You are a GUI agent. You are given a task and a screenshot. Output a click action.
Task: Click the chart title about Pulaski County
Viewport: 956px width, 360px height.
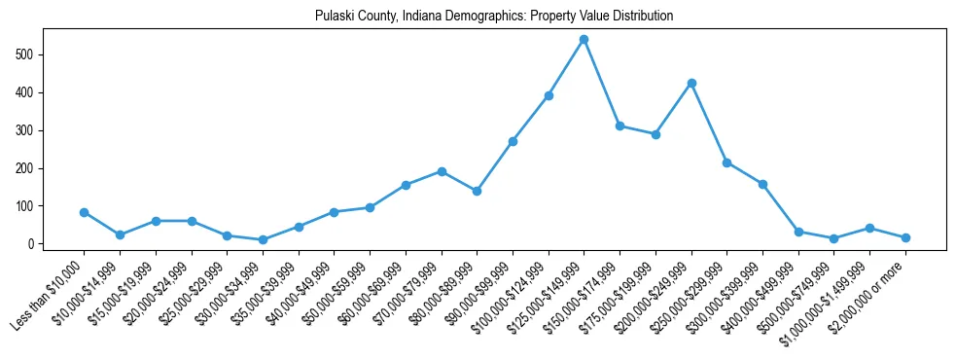[x=494, y=17]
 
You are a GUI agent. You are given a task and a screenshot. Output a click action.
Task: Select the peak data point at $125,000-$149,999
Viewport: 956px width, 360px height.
[x=584, y=40]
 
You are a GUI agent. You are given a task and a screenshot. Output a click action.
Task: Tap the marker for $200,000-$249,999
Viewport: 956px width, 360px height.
[x=691, y=83]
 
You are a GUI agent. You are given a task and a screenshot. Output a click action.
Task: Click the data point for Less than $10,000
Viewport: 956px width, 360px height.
[x=84, y=212]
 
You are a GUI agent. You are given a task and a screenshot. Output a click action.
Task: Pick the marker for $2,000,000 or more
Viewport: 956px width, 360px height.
[x=905, y=237]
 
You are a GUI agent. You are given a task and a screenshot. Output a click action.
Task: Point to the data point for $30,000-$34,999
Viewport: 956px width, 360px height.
[x=263, y=239]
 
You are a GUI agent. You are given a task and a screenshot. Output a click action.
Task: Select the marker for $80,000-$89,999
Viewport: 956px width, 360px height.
[x=477, y=191]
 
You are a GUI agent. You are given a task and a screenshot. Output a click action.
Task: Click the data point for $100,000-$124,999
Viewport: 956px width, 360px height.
[x=549, y=95]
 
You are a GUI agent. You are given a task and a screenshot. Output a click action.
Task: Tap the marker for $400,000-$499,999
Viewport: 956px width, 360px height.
[x=798, y=232]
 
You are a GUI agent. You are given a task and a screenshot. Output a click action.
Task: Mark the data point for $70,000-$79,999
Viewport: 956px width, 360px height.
[x=442, y=171]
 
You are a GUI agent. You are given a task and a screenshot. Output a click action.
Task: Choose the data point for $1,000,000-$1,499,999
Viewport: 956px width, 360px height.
[x=869, y=228]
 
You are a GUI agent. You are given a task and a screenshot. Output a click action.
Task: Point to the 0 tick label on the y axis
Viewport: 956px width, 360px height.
[x=33, y=244]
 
